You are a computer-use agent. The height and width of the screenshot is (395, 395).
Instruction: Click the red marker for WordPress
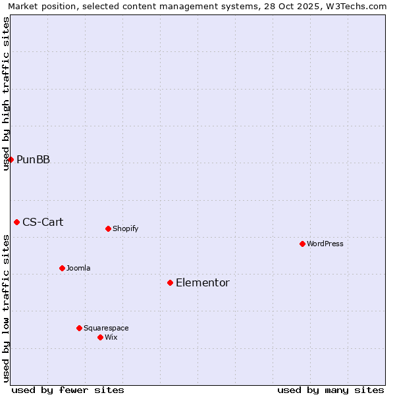pos(302,244)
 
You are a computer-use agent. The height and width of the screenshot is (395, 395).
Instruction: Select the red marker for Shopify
pos(108,228)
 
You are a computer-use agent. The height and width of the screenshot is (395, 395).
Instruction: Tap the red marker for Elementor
pos(170,282)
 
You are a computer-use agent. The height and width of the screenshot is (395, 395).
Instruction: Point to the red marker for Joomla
pos(62,268)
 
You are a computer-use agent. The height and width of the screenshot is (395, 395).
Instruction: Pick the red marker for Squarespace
pos(79,328)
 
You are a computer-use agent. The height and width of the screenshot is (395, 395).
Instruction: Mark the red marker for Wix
pos(100,337)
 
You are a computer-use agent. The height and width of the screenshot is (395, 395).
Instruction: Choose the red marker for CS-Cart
pos(16,222)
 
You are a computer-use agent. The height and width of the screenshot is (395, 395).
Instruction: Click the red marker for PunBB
pos(11,159)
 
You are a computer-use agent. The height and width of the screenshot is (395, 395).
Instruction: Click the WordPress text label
pos(325,244)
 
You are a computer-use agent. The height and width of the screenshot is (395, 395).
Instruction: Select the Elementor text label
pos(203,282)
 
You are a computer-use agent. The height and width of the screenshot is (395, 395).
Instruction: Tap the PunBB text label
pos(33,159)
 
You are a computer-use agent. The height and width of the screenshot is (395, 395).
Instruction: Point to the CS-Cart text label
pos(43,222)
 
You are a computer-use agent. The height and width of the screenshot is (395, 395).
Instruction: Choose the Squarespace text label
pos(106,328)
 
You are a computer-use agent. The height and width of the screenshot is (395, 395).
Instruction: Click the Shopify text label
pos(125,228)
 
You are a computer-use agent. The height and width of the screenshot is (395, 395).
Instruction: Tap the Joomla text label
pos(78,268)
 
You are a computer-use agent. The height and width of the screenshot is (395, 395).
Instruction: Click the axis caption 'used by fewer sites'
pos(68,390)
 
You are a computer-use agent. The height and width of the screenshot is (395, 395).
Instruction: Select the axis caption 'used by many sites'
pos(330,390)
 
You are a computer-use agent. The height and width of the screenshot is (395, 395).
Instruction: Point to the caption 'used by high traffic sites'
pos(6,93)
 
